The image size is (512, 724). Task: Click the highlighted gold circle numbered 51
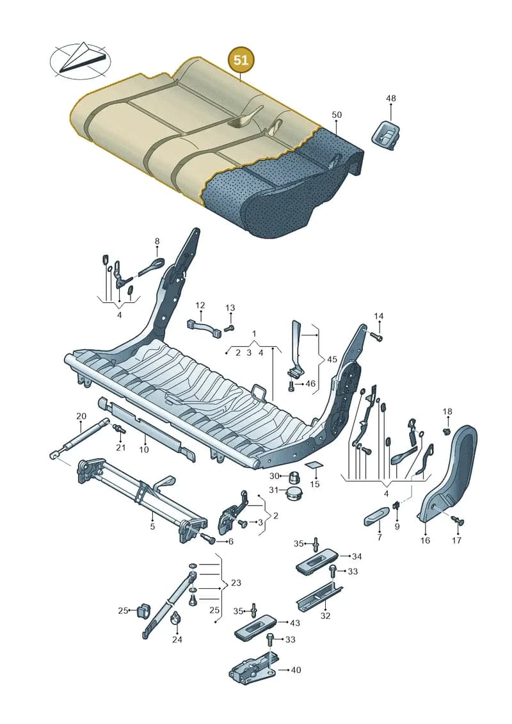point(241,60)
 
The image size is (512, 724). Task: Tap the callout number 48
point(390,99)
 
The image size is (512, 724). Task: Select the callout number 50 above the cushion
point(337,115)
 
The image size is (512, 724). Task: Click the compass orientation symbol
point(81,60)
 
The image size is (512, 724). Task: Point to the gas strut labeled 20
point(79,438)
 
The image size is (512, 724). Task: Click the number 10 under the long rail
point(144,449)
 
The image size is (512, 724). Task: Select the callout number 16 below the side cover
point(425,540)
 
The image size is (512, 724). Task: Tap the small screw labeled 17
point(458,521)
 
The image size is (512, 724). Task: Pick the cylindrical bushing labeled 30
point(294,476)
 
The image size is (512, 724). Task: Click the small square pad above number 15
point(315,465)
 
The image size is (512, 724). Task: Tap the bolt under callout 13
point(230,327)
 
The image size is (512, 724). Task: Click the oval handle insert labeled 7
point(376,517)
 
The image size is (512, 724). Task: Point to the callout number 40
point(296,670)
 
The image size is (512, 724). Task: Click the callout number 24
point(177,640)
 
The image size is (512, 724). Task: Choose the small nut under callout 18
point(447,431)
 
